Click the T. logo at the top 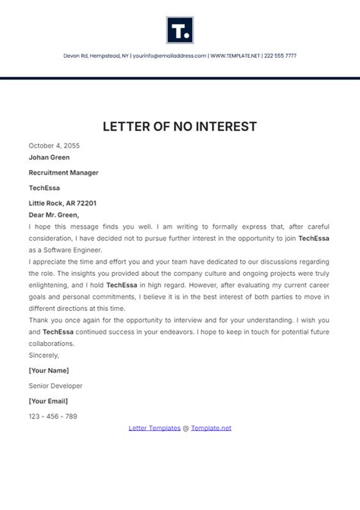click(180, 29)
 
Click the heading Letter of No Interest click(180, 125)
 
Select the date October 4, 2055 click(54, 145)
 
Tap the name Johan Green click(49, 157)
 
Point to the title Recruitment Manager click(63, 173)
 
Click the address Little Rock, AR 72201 click(62, 203)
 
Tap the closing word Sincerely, click(43, 354)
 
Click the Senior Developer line click(55, 385)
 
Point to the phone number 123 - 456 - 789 click(53, 416)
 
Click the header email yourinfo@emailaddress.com click(169, 55)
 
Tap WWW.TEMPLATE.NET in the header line click(235, 55)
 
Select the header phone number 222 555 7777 click(280, 55)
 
